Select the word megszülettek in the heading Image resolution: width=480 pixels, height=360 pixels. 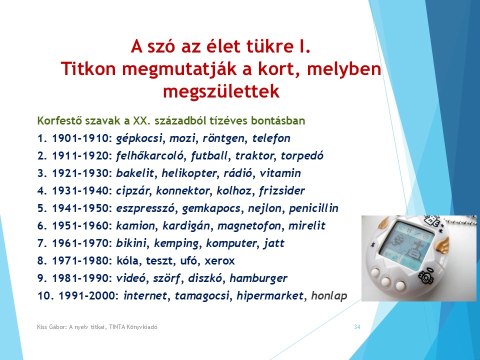tap(221, 91)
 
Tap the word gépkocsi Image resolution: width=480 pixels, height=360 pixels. tap(139, 138)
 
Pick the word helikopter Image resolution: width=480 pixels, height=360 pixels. tap(189, 173)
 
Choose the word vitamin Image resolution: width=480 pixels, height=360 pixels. tap(280, 173)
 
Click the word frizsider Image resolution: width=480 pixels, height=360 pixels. tap(282, 190)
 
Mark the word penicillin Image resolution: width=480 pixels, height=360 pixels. tap(313, 208)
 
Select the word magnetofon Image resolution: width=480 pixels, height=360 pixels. tap(249, 226)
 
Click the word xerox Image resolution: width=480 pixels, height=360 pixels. tap(219, 261)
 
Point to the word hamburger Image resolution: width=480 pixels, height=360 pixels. tap(258, 278)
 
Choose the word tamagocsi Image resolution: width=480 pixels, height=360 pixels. tap(202, 296)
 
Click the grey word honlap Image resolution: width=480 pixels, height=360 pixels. tap(329, 296)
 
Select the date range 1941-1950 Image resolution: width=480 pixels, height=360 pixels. tap(80, 208)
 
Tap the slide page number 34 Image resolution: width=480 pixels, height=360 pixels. tap(357, 327)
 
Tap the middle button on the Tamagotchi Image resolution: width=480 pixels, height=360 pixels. tap(385, 281)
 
